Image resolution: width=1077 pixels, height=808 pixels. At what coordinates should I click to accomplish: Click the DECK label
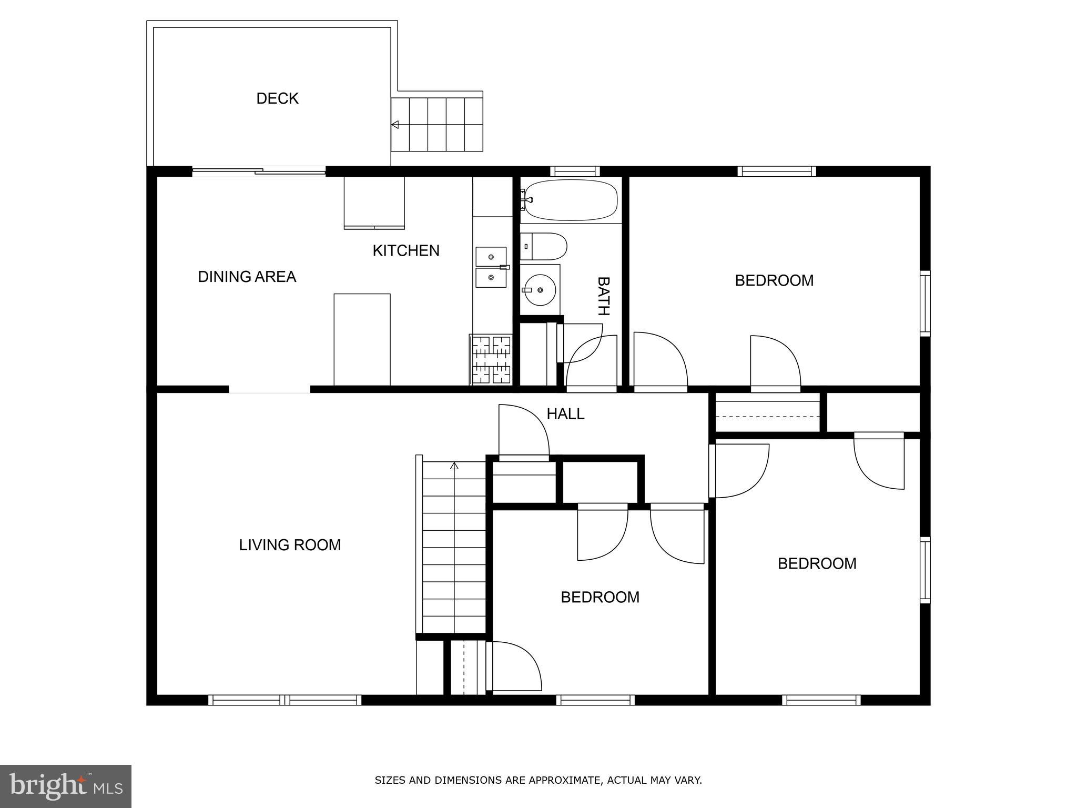click(x=277, y=98)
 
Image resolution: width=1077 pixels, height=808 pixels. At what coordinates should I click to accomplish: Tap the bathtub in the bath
click(x=571, y=200)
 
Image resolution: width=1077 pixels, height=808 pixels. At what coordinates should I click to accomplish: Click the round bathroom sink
click(x=540, y=290)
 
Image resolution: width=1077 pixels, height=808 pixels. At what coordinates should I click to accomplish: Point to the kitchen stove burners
click(x=491, y=360)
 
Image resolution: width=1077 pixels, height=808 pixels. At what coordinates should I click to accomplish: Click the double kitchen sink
click(x=491, y=267)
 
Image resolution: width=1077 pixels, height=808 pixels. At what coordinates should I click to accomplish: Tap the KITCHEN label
click(x=406, y=250)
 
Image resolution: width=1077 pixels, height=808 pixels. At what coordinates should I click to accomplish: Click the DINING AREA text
click(x=247, y=277)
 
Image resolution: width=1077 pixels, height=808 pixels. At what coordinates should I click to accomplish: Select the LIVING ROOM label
click(x=290, y=545)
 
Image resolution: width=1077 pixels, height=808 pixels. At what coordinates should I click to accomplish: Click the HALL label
click(x=565, y=414)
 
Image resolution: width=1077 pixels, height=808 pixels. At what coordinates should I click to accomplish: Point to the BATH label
click(x=604, y=296)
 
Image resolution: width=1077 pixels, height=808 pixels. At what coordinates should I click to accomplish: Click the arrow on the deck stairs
click(x=395, y=125)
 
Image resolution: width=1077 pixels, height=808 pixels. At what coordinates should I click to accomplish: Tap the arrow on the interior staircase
click(x=454, y=466)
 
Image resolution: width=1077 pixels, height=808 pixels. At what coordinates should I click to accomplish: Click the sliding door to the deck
click(x=259, y=170)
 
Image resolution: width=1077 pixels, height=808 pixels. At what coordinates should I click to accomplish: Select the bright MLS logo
click(x=66, y=786)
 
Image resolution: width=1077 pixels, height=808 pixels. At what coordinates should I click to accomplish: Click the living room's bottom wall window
click(x=285, y=700)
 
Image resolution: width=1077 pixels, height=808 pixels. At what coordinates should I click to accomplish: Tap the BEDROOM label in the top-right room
click(x=774, y=280)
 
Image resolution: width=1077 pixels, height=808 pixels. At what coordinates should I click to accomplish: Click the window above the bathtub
click(x=575, y=171)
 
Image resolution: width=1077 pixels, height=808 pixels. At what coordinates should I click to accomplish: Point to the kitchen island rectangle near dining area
click(x=362, y=339)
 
